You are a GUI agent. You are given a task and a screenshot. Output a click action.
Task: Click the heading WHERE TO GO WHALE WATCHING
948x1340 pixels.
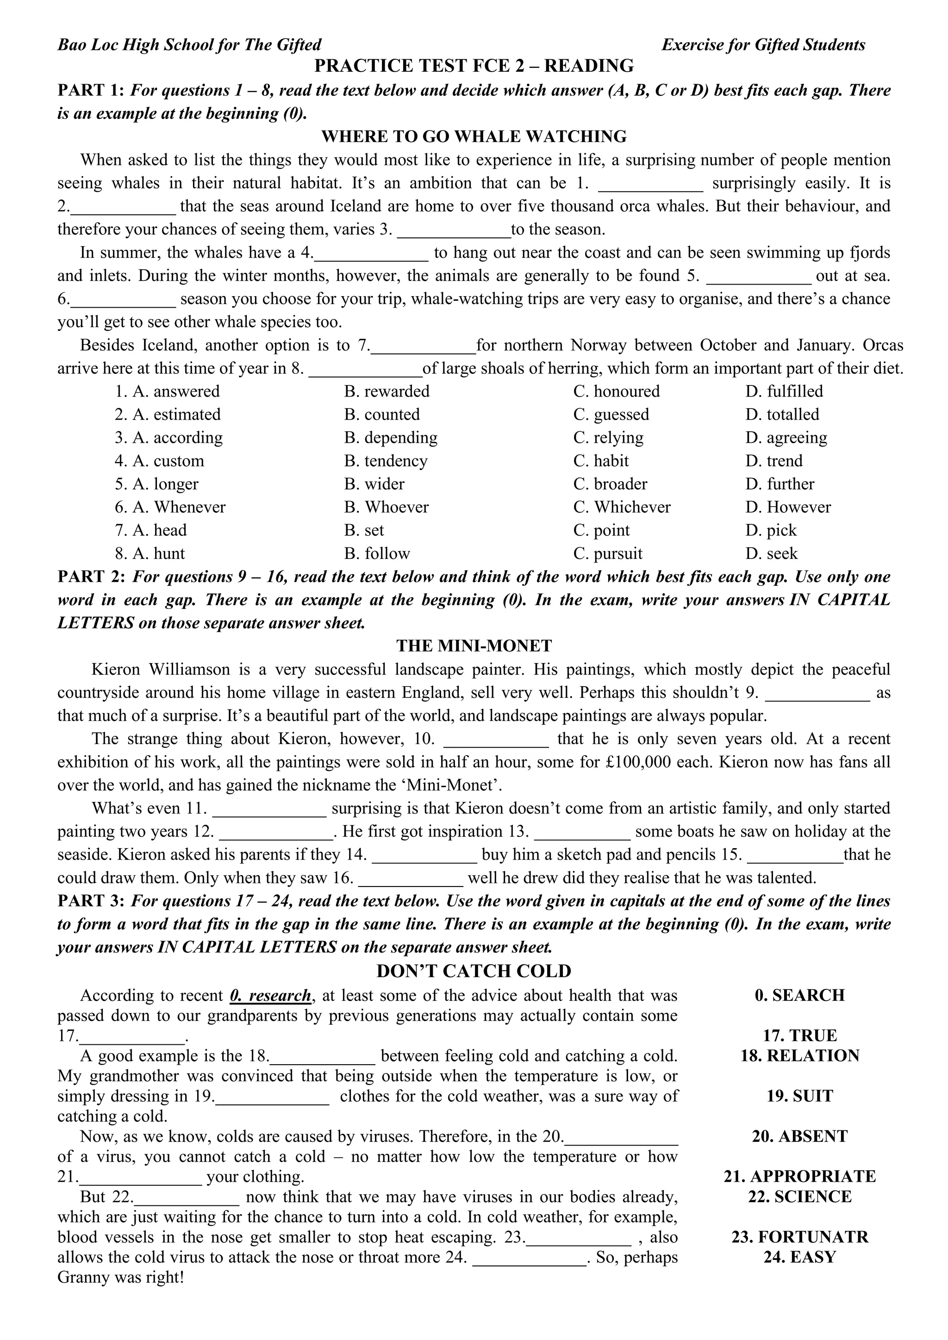point(474,136)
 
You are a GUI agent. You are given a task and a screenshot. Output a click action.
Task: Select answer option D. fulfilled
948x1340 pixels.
point(784,391)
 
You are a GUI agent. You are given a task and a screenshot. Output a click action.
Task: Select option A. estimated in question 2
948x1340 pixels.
point(168,415)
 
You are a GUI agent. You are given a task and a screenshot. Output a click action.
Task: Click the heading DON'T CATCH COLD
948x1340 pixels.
point(474,971)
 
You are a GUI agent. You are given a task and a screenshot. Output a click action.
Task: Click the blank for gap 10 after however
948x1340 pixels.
point(496,740)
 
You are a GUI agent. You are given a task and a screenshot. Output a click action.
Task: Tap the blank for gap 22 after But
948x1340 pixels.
point(187,1197)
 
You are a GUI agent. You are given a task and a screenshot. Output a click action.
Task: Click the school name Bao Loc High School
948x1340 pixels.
point(189,45)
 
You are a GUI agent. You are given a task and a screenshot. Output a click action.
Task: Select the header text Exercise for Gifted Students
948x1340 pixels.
point(763,45)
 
